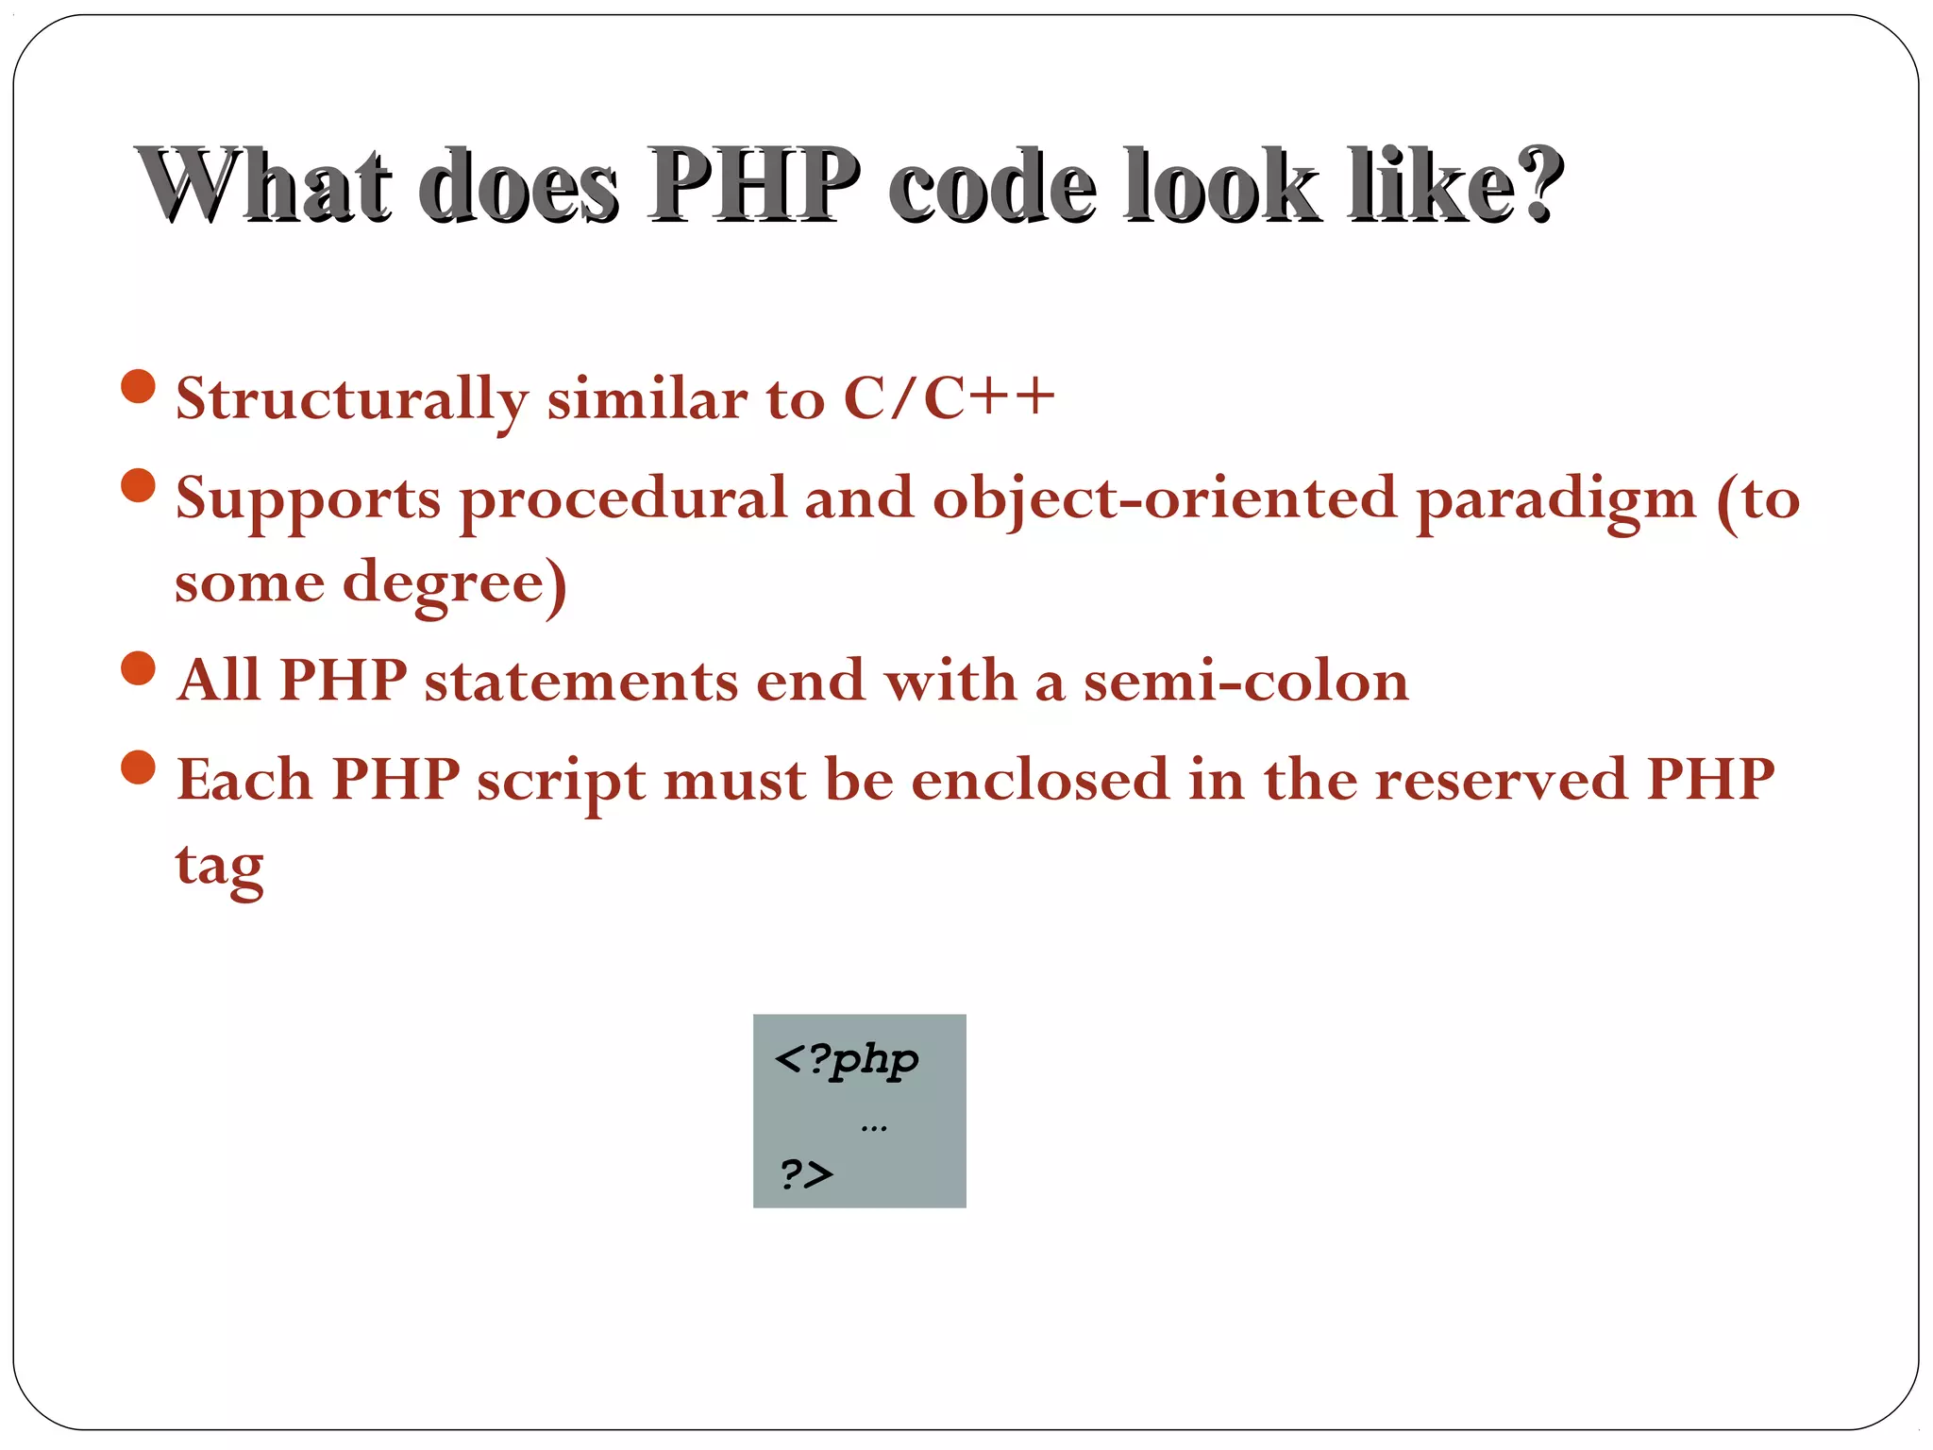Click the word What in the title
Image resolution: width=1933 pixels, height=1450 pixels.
click(x=264, y=185)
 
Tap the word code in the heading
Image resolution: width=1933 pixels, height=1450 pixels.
click(x=991, y=185)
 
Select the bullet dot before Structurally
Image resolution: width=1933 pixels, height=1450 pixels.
click(x=139, y=387)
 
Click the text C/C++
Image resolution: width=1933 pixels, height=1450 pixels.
click(x=948, y=397)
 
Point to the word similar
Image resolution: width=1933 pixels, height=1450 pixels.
click(x=647, y=397)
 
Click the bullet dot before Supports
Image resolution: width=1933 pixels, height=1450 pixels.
click(x=139, y=486)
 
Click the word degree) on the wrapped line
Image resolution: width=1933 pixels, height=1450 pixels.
click(x=454, y=583)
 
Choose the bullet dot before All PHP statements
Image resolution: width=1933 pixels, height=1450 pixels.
click(x=139, y=668)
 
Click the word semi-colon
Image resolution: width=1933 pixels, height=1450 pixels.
click(x=1246, y=681)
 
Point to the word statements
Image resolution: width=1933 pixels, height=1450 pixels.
click(x=580, y=681)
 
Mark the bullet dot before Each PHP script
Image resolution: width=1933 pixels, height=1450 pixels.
click(x=139, y=767)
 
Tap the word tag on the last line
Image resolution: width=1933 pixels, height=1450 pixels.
click(x=219, y=865)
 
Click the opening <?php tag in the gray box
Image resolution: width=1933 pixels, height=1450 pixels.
click(x=846, y=1058)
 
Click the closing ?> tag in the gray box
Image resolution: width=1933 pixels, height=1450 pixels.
click(x=807, y=1174)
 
